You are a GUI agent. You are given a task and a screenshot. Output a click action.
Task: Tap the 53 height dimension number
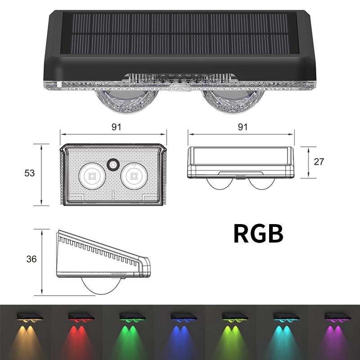click(29, 173)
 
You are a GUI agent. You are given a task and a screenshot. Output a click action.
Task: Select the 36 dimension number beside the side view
click(31, 259)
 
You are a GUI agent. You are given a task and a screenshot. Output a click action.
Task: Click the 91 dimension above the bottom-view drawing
click(116, 127)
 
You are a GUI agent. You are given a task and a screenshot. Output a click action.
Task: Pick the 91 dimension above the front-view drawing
click(243, 127)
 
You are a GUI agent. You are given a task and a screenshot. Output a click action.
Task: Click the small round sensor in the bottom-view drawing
click(112, 165)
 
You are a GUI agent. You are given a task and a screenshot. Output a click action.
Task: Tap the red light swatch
click(77, 333)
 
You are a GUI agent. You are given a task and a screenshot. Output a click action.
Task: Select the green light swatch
click(128, 333)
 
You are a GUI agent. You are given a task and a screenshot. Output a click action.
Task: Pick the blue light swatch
click(180, 333)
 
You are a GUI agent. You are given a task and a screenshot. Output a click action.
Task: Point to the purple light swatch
click(333, 333)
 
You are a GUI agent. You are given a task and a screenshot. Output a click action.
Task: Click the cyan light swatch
click(282, 333)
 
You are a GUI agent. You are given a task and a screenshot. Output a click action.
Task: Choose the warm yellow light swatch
click(26, 333)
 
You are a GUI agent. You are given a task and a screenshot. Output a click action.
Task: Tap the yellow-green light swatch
click(231, 333)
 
